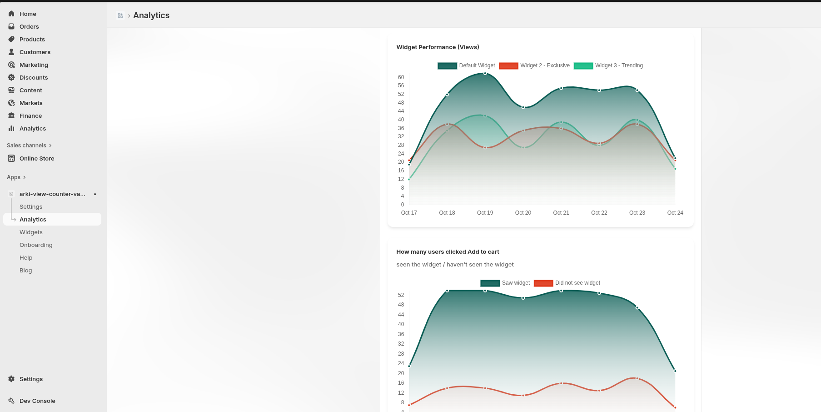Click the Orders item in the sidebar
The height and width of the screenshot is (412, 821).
pos(29,27)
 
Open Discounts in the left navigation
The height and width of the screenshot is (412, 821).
pos(34,78)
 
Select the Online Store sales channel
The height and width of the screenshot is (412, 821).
pos(37,159)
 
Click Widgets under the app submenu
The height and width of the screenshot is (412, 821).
pos(31,232)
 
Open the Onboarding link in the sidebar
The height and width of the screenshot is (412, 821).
pos(36,245)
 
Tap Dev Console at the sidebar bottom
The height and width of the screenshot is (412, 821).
pos(37,401)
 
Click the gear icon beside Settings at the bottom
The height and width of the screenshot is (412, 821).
pos(11,379)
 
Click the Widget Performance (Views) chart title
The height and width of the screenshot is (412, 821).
pos(438,47)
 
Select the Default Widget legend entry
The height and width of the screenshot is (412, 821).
pos(467,66)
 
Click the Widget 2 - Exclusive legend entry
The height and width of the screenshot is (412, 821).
pos(534,66)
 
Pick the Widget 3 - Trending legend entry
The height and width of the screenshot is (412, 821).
pos(608,66)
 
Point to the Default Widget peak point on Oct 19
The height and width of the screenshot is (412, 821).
pos(485,73)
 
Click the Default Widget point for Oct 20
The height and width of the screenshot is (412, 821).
pos(523,107)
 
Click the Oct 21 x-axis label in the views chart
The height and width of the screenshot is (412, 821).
pos(561,213)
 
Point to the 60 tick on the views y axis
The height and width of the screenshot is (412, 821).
pos(401,77)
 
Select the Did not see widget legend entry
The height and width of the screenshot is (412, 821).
pos(567,283)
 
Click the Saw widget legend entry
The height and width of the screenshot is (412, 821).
pos(505,283)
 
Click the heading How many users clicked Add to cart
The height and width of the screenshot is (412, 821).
pos(448,252)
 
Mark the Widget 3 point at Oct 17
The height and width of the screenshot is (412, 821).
pos(409,179)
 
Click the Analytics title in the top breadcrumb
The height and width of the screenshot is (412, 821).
pos(151,15)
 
